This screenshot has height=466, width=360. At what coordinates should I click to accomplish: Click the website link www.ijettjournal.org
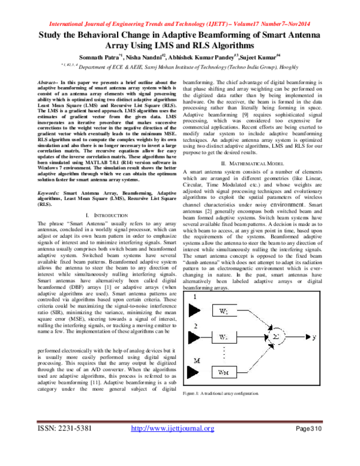point(172,445)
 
